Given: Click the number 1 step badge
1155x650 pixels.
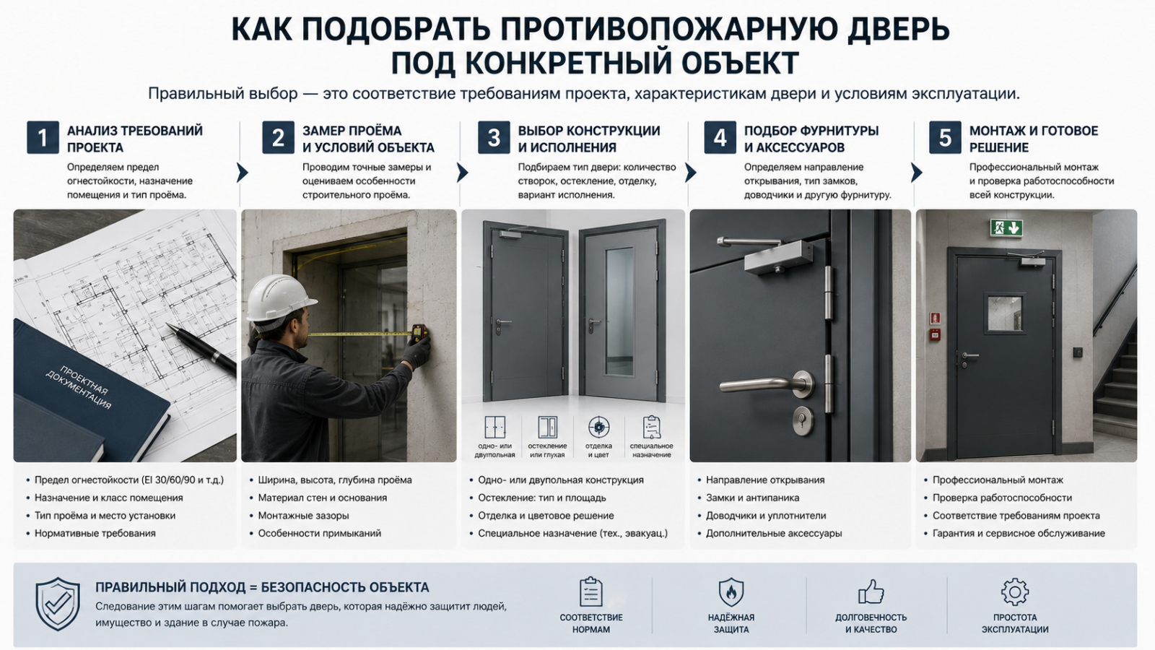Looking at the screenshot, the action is tap(43, 137).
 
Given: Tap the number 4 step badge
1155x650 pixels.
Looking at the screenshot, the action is tap(720, 137).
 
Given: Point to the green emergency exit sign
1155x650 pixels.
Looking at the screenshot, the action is tap(1006, 227).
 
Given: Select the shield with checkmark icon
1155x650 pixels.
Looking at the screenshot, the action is tap(58, 604).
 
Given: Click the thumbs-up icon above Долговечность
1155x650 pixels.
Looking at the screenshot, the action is tap(871, 591).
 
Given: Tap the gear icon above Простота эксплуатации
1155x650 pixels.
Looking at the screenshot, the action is tap(1015, 591).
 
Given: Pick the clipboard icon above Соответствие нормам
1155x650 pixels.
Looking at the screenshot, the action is tap(591, 591).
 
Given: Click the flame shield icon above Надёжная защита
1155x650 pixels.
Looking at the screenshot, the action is tap(731, 591).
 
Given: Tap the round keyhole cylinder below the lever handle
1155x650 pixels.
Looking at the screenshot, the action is tap(803, 420).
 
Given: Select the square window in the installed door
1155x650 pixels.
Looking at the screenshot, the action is tap(1004, 313).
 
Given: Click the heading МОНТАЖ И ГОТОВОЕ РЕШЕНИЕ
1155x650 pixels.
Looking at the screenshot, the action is tap(1033, 139).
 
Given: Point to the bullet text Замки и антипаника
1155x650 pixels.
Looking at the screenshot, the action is tap(752, 498).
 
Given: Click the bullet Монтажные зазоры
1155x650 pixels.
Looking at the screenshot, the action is tap(303, 516).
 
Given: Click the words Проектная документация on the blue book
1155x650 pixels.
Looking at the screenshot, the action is tap(79, 387).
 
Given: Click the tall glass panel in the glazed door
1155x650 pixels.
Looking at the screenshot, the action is tap(619, 311).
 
